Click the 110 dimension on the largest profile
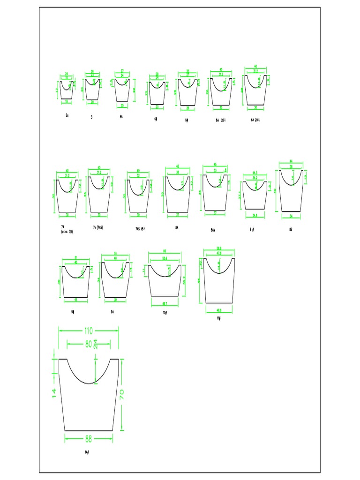pyautogui.click(x=89, y=330)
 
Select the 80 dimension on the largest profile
pyautogui.click(x=89, y=344)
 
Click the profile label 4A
pyautogui.click(x=122, y=117)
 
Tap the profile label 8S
pyautogui.click(x=291, y=230)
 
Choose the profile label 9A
pyautogui.click(x=113, y=311)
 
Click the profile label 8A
pyautogui.click(x=177, y=228)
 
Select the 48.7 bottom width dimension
pyautogui.click(x=165, y=303)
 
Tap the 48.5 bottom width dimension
pyautogui.click(x=219, y=310)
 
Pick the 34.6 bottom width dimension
pyautogui.click(x=255, y=216)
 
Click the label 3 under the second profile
pyautogui.click(x=92, y=117)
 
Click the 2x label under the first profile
pyautogui.click(x=67, y=115)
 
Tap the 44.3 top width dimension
pyautogui.click(x=255, y=173)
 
